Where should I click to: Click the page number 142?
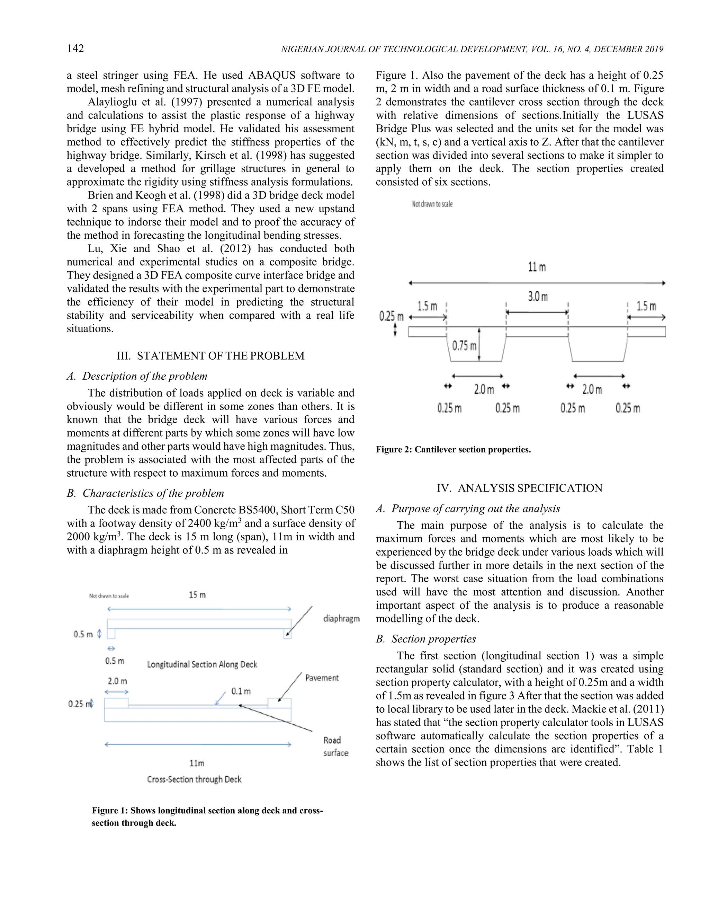coord(75,48)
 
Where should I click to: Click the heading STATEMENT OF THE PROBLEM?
coord(210,356)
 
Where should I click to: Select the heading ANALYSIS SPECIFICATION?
coord(520,488)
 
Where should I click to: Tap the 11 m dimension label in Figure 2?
coord(537,267)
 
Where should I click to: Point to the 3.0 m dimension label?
coord(538,297)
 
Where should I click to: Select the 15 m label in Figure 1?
coord(197,595)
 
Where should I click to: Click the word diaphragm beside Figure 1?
coord(341,618)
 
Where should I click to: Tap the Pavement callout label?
coord(322,678)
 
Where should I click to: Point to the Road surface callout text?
coord(335,746)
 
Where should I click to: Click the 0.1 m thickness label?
coord(241,691)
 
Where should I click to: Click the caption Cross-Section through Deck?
coord(194,779)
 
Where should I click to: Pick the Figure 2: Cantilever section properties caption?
coord(453,449)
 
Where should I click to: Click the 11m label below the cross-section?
coord(197,763)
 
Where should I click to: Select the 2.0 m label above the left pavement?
coord(117,680)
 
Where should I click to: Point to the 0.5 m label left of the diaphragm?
coord(83,634)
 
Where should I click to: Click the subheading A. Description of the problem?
coord(137,376)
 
